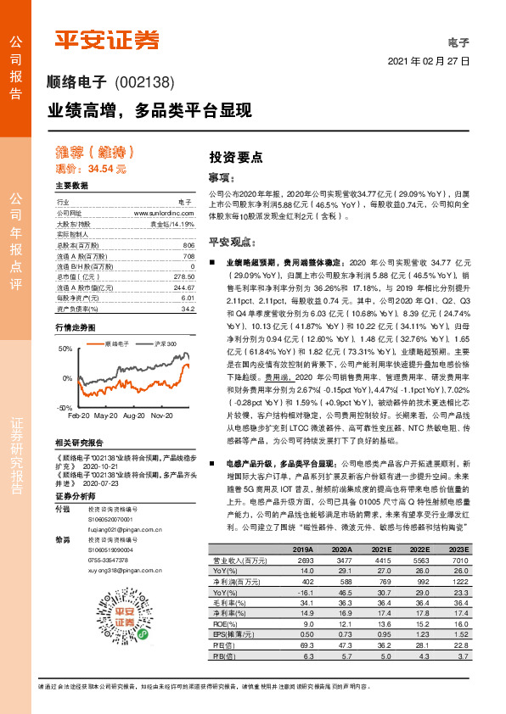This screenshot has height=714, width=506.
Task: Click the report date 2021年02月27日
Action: coord(428,63)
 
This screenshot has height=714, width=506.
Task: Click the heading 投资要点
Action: coord(235,158)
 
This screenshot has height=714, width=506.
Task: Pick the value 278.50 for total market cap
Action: coord(183,276)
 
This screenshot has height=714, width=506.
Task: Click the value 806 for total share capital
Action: coord(188,245)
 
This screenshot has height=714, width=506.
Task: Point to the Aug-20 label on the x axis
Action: coord(133,416)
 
